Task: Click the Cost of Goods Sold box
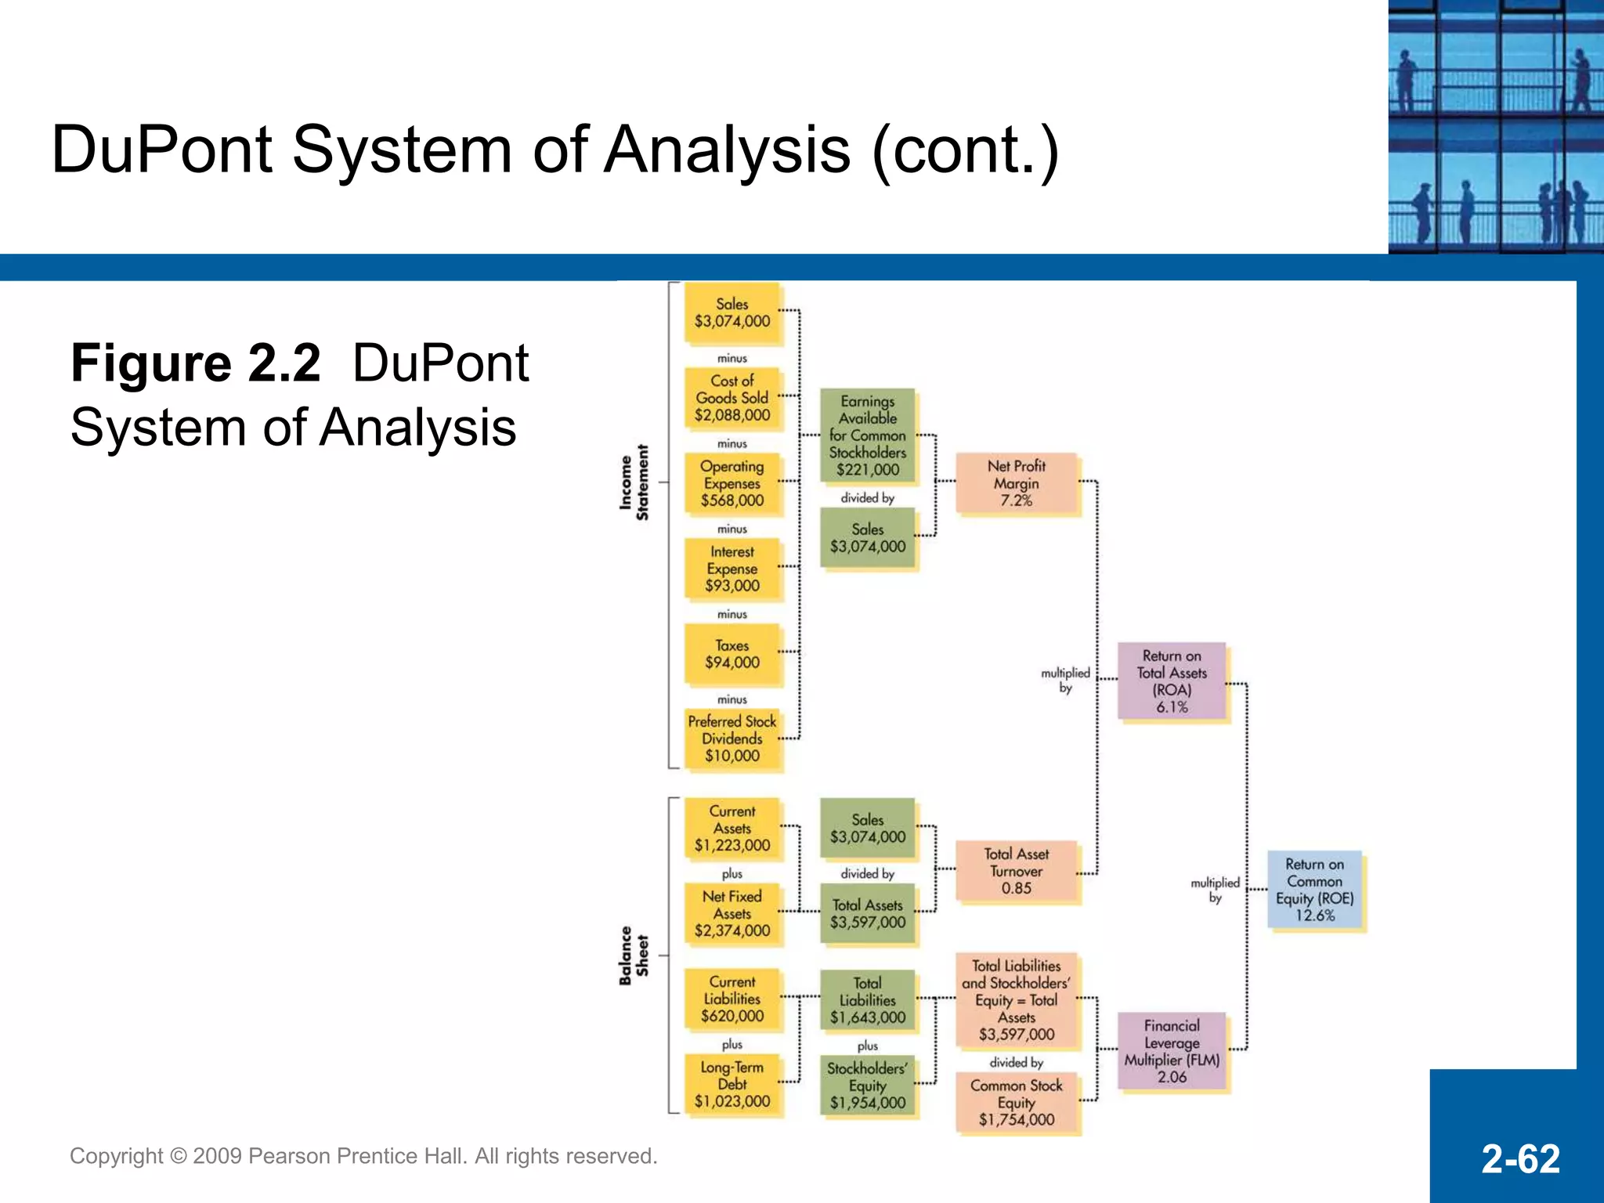(732, 398)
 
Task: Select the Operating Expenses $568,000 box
(732, 483)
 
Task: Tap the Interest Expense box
(732, 569)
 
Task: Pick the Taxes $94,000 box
(732, 654)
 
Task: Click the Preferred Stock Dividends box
(732, 739)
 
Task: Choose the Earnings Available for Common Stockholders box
(867, 435)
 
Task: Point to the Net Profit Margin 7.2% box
(1016, 483)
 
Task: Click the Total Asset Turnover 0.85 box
(1016, 871)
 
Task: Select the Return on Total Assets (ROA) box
(1172, 681)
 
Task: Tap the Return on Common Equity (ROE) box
(1314, 890)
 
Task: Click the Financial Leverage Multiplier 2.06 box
(1172, 1051)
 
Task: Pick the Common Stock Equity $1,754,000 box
(1016, 1102)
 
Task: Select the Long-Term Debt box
(732, 1084)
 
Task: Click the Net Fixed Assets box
(732, 913)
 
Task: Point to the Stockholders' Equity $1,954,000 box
(867, 1086)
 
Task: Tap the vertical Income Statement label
(634, 482)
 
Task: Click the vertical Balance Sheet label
(634, 956)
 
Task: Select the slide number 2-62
(1520, 1159)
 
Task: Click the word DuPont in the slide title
(162, 150)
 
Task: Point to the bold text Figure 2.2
(196, 363)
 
